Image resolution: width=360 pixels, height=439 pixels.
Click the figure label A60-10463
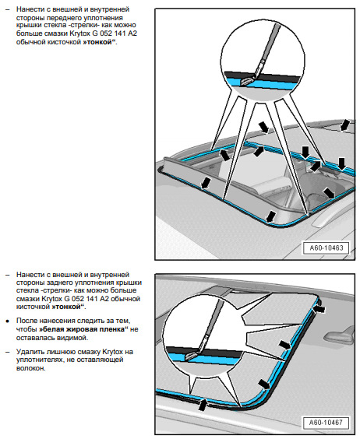pos(326,248)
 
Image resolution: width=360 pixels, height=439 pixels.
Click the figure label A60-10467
pos(326,422)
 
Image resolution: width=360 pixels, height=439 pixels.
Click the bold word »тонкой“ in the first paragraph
pos(99,42)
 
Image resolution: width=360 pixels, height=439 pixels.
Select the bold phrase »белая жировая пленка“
pos(83,329)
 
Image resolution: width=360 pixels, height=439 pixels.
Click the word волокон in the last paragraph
pos(31,368)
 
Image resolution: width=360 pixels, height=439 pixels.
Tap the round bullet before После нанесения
pos(8,321)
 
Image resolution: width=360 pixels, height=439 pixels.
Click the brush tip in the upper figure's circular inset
pos(247,81)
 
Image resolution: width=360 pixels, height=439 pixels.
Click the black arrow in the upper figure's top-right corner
pos(345,125)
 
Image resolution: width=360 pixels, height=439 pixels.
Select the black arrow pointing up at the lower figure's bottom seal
pos(203,405)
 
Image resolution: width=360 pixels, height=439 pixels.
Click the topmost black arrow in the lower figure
pos(319,309)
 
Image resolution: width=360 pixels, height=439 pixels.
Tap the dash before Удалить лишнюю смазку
pos(8,352)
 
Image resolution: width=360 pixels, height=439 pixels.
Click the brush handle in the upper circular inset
pos(269,42)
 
